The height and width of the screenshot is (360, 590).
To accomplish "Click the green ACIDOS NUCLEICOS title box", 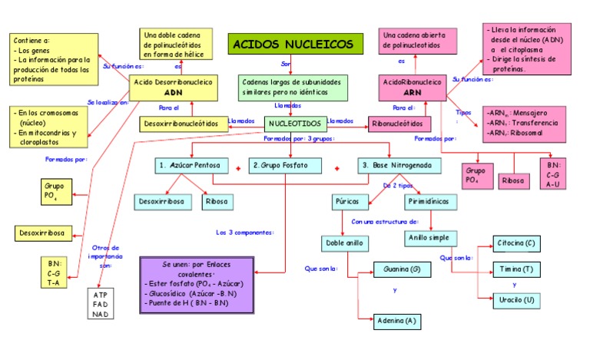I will coord(294,44).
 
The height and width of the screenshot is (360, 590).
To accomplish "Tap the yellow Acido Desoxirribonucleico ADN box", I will coord(172,87).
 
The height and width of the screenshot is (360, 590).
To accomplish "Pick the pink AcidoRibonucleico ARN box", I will coord(412,87).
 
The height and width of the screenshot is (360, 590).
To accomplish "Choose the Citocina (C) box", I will coord(514,244).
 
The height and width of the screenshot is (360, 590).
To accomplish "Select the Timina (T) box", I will coord(514,269).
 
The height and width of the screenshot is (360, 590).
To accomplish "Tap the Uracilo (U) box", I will coord(514,299).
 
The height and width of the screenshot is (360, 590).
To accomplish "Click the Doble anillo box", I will coord(344,243).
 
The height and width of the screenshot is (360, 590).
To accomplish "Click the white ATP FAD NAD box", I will coord(101,305).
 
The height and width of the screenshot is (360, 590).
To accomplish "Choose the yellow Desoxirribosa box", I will coord(42,233).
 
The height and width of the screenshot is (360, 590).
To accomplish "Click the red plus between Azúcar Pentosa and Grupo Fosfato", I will coord(238,167).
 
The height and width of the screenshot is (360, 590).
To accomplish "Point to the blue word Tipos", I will coord(462,112).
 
